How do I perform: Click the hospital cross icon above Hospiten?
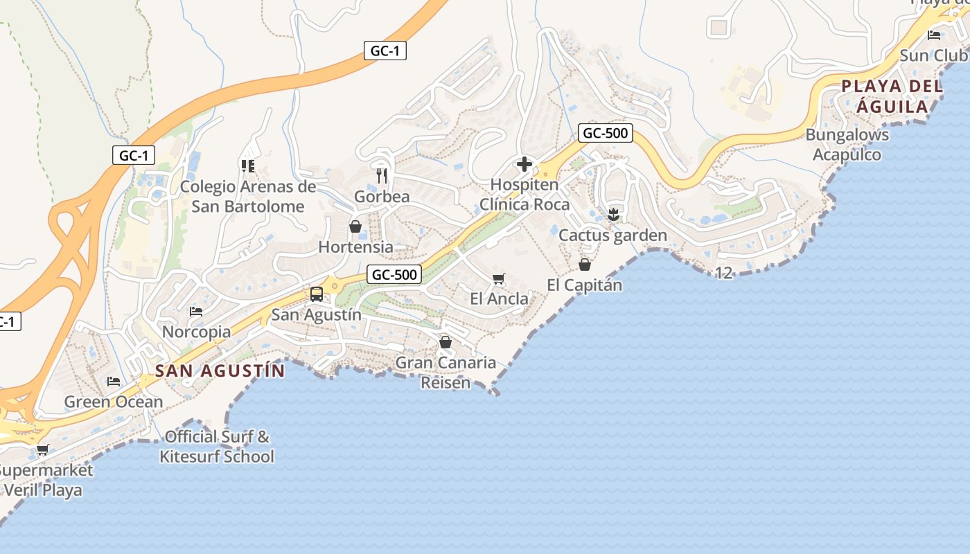(524, 165)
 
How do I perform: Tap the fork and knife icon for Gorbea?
(381, 175)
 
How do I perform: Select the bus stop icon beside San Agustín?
(317, 294)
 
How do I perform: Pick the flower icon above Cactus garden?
(612, 215)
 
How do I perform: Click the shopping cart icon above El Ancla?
(498, 279)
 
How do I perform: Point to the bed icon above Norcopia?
(196, 312)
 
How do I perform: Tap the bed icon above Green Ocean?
(114, 382)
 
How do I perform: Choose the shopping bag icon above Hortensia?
(355, 226)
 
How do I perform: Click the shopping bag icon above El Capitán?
(585, 265)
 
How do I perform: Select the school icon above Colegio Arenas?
(247, 166)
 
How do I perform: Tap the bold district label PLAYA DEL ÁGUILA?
(892, 97)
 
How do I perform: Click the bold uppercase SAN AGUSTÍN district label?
(220, 371)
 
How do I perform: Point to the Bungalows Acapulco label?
(847, 145)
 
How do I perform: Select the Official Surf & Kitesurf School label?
(217, 447)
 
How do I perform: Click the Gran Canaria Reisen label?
(446, 373)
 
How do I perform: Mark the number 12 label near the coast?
(723, 274)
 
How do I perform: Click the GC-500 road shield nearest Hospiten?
(606, 133)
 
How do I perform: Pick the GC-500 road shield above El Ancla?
(394, 274)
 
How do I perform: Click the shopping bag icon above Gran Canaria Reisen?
(446, 342)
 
